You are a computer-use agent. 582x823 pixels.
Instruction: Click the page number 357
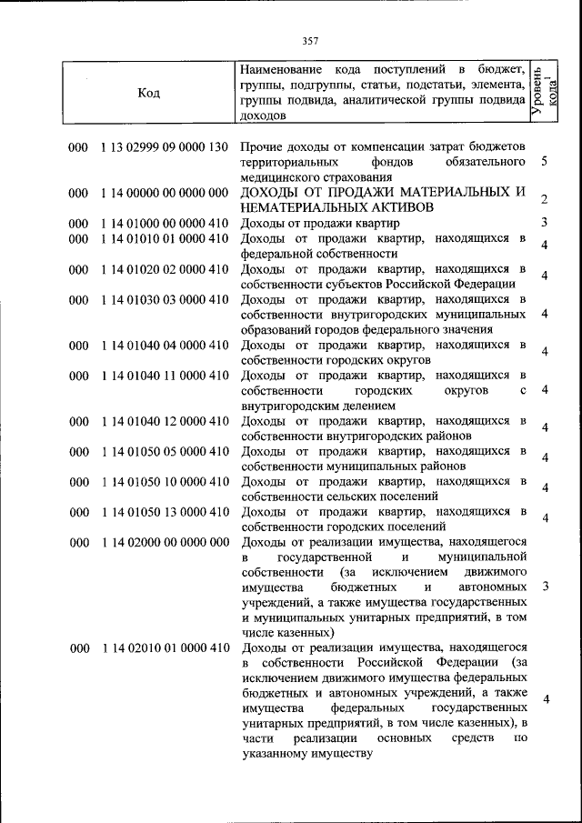tap(310, 40)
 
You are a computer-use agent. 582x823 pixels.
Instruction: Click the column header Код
tap(149, 93)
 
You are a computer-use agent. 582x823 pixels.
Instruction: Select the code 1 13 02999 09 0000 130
tap(164, 147)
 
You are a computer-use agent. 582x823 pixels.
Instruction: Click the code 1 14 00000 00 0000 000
tap(164, 193)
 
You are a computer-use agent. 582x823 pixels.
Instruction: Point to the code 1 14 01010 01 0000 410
tap(164, 238)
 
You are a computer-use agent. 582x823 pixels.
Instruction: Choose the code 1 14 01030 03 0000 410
tap(164, 299)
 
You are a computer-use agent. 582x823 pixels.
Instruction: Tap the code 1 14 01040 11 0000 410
tap(164, 375)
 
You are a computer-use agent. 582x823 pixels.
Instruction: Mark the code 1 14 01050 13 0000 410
tap(164, 511)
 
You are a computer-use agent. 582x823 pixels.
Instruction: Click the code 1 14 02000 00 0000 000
tap(164, 542)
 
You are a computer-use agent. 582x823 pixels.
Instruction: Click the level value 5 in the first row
tap(543, 162)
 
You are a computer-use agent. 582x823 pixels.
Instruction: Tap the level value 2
tap(543, 200)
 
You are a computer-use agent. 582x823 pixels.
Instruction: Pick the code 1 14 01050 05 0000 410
tap(164, 451)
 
